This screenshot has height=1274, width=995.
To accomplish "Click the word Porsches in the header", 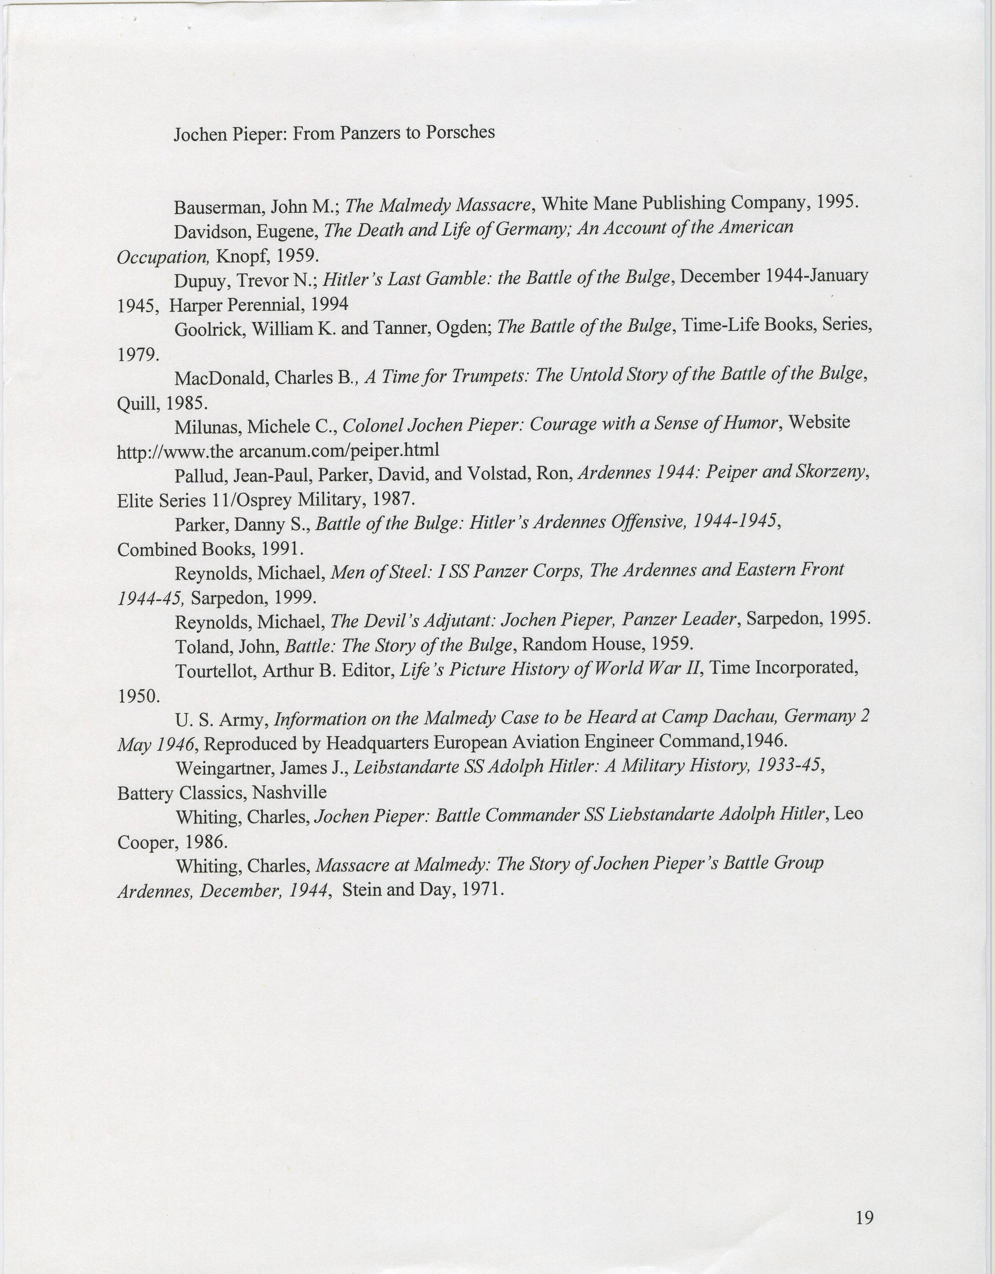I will click(x=460, y=132).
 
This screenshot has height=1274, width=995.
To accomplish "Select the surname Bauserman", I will click(x=213, y=207).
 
